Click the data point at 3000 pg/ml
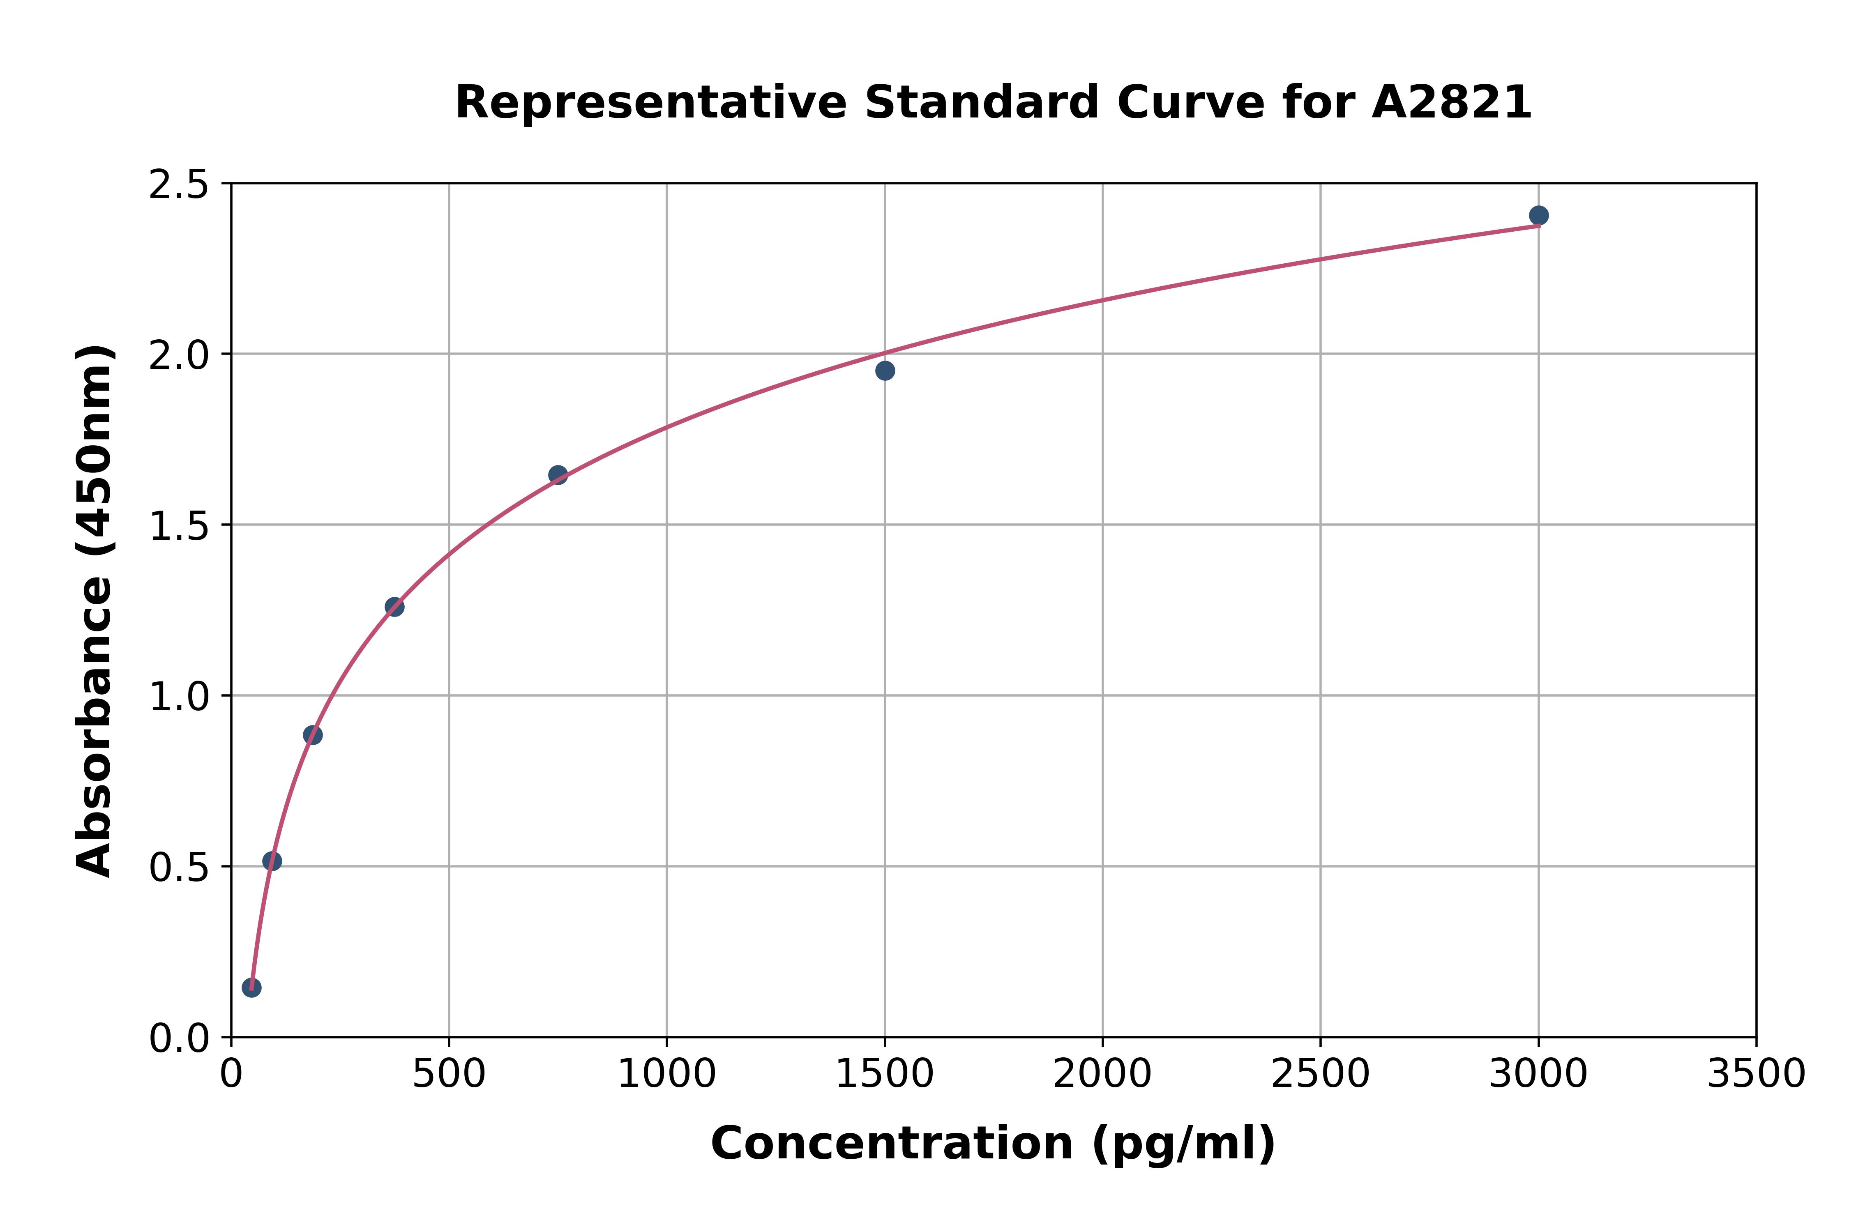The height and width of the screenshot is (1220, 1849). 1538,216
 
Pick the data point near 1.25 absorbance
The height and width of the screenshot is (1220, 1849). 394,607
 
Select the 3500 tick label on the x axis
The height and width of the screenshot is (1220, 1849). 1756,1075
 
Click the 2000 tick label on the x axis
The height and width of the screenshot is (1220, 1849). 1102,1075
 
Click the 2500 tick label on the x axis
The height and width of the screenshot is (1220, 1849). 1320,1075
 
